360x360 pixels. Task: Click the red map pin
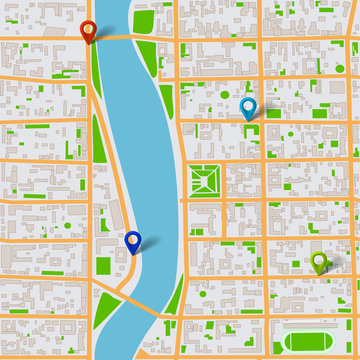(88, 31)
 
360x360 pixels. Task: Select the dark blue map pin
(132, 241)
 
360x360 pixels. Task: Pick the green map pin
(319, 262)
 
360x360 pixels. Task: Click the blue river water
(140, 150)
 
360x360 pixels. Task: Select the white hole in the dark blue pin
(132, 238)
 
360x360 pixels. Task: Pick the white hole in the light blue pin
(248, 105)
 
